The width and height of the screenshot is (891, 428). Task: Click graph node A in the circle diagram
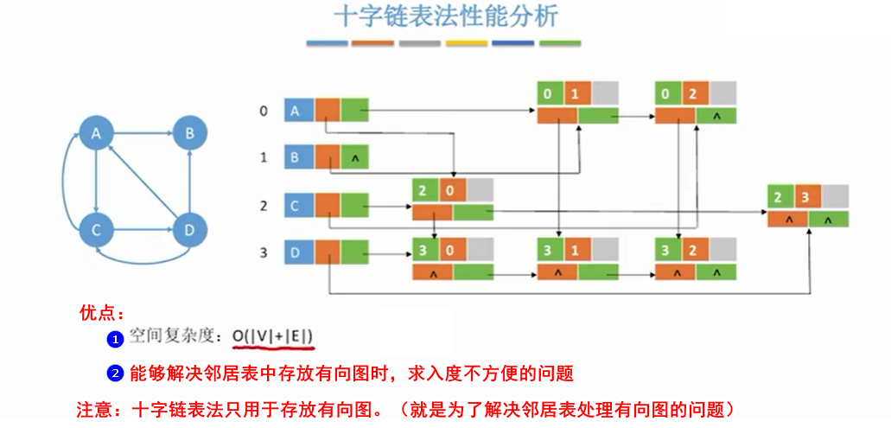click(x=97, y=134)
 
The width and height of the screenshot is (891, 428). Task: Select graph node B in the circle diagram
click(x=188, y=134)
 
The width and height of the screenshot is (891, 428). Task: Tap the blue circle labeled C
click(x=97, y=230)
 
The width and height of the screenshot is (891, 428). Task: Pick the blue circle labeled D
click(x=188, y=230)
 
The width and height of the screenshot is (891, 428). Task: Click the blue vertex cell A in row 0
click(x=299, y=111)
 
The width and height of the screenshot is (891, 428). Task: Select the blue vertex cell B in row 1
click(x=299, y=157)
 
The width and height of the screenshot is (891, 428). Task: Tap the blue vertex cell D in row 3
click(x=299, y=252)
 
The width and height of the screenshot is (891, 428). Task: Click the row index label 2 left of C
click(x=264, y=206)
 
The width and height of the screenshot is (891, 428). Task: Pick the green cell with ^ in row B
click(x=354, y=158)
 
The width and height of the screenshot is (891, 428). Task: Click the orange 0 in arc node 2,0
click(x=455, y=190)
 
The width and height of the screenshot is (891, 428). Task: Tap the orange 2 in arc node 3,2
click(x=696, y=252)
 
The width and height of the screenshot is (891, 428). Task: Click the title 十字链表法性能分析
click(x=445, y=16)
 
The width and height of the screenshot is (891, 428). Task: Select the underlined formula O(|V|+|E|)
click(x=272, y=335)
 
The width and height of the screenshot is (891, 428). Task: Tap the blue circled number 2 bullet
click(x=115, y=374)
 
